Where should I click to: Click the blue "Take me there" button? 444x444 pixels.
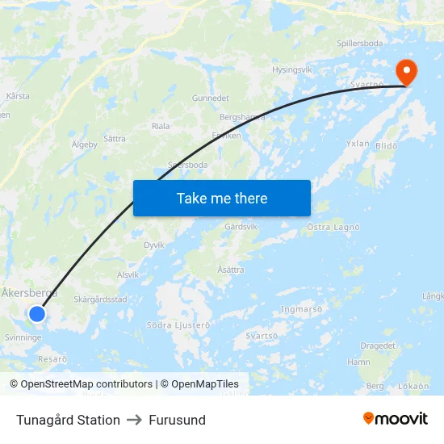point(221,198)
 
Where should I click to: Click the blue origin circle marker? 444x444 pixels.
point(37,313)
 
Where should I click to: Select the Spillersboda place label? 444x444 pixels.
point(360,44)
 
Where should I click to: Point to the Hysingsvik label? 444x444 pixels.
point(291,70)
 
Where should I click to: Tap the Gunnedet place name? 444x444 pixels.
point(211,98)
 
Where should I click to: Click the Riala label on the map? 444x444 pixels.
point(161,126)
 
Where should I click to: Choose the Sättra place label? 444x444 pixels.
point(115,139)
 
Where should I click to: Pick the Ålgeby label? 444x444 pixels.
point(84,145)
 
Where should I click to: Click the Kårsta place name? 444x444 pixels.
point(18,96)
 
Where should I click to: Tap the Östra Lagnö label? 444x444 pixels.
point(333,228)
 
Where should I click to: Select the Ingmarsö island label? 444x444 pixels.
point(301,308)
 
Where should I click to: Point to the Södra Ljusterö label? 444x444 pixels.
point(178,325)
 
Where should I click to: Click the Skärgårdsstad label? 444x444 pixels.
point(100,299)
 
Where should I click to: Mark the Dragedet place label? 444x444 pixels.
point(378,346)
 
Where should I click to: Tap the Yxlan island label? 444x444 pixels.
point(358,144)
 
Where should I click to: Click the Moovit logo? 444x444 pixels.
point(396,419)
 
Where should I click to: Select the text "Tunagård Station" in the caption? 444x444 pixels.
point(68,420)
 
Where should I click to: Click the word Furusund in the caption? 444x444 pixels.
point(177,420)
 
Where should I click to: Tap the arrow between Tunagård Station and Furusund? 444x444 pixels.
point(134,420)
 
